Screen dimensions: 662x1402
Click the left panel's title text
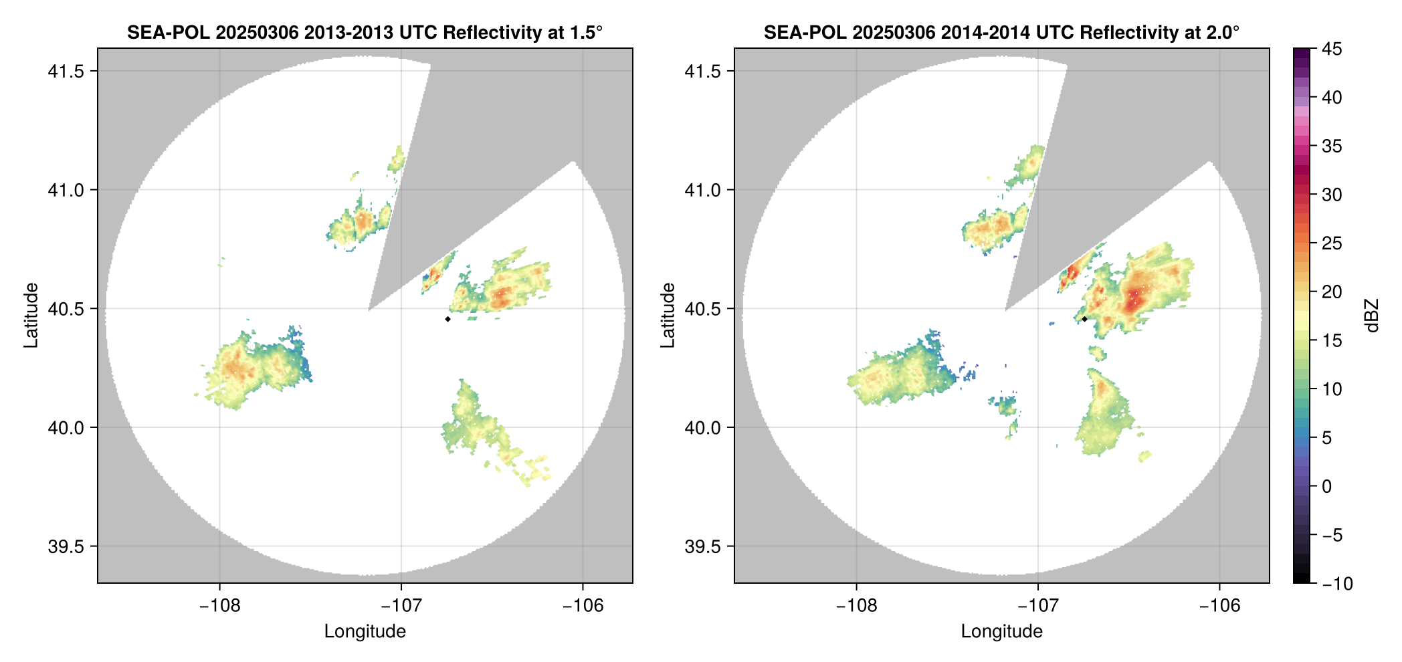click(365, 32)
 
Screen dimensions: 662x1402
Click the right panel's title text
click(1001, 32)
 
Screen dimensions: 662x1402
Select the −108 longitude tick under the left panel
click(219, 605)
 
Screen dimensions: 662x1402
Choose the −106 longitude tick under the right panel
click(1219, 605)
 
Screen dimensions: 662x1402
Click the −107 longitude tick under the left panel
click(401, 605)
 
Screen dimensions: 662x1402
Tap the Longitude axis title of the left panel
click(365, 631)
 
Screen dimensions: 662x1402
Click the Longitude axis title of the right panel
click(1001, 631)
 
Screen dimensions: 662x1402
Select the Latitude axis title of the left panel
click(31, 315)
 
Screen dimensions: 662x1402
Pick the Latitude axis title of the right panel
click(668, 315)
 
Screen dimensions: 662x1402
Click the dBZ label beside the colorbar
click(1372, 315)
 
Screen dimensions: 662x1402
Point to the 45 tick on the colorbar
click(1332, 49)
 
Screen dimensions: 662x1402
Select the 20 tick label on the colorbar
click(1332, 292)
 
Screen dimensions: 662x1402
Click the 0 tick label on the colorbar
click(1327, 486)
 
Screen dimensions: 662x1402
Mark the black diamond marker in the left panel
click(447, 319)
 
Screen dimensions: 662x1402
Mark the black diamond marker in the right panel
click(1084, 319)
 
